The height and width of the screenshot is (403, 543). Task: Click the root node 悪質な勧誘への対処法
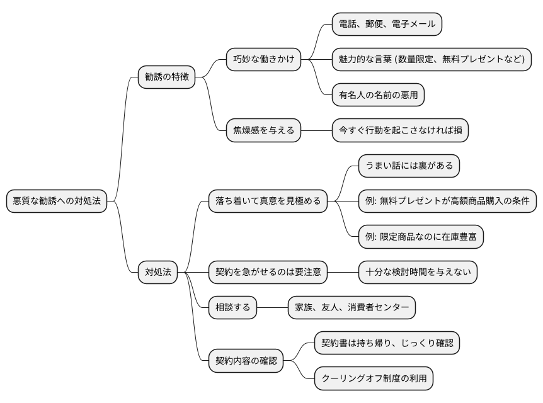pyautogui.click(x=57, y=201)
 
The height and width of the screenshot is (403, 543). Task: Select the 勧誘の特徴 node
pyautogui.click(x=167, y=77)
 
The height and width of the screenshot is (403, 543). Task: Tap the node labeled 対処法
pyautogui.click(x=158, y=272)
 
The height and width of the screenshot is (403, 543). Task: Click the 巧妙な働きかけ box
pyautogui.click(x=263, y=60)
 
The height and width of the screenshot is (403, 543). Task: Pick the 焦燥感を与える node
pyautogui.click(x=263, y=131)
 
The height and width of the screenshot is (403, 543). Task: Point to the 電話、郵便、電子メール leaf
pyautogui.click(x=387, y=25)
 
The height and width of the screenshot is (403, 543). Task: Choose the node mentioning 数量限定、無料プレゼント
pyautogui.click(x=432, y=60)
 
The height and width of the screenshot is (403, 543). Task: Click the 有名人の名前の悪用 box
pyautogui.click(x=379, y=95)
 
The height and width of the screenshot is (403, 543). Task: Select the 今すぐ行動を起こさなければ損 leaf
pyautogui.click(x=401, y=131)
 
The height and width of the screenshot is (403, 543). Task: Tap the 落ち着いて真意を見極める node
pyautogui.click(x=268, y=201)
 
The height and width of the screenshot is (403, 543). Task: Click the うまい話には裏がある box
pyautogui.click(x=409, y=166)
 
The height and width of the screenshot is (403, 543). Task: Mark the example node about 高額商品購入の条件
pyautogui.click(x=447, y=201)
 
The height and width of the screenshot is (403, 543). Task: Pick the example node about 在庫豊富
pyautogui.click(x=421, y=237)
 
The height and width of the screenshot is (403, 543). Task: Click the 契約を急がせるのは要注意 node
pyautogui.click(x=268, y=272)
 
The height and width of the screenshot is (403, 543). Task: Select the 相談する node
pyautogui.click(x=233, y=307)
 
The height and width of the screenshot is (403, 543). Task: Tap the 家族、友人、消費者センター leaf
pyautogui.click(x=352, y=307)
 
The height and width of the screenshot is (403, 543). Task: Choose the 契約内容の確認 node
pyautogui.click(x=246, y=361)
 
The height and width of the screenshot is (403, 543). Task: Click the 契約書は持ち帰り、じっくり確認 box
pyautogui.click(x=387, y=343)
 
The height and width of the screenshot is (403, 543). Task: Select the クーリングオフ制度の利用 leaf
pyautogui.click(x=374, y=378)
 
